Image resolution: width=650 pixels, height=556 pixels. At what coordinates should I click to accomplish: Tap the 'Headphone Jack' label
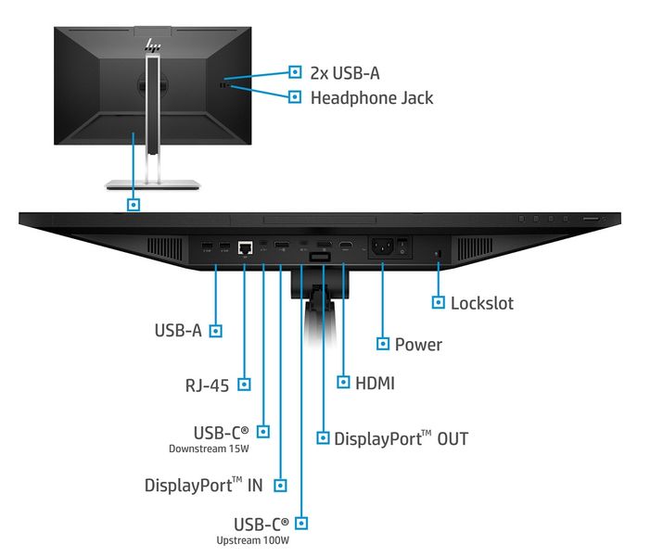[371, 96]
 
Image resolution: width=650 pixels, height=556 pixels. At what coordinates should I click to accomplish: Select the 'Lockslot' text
[481, 302]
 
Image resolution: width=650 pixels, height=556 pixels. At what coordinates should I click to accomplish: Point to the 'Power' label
[418, 344]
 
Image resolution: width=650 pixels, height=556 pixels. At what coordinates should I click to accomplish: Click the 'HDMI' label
[376, 382]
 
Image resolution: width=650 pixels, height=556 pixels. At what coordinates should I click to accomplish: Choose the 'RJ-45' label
[206, 383]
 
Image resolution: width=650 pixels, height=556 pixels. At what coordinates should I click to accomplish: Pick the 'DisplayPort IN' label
[203, 485]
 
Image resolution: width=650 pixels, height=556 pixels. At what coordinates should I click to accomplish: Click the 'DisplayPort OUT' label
[401, 438]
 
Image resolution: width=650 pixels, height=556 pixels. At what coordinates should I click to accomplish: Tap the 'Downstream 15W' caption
[209, 449]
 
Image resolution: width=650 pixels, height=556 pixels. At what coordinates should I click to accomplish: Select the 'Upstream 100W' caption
[253, 540]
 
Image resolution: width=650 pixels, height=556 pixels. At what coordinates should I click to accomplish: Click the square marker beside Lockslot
[438, 302]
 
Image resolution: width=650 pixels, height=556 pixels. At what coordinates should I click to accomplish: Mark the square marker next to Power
[382, 344]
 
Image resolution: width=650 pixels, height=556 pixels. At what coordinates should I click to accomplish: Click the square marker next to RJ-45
[244, 383]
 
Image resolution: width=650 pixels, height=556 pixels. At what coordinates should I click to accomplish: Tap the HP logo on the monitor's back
[153, 44]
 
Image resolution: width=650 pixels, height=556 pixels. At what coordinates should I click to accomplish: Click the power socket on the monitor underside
[382, 247]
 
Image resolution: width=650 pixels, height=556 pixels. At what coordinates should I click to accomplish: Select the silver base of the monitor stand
[153, 183]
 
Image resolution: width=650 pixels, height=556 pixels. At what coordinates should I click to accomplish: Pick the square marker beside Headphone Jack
[295, 96]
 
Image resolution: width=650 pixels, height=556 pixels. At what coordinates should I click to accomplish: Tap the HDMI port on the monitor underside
[345, 246]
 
